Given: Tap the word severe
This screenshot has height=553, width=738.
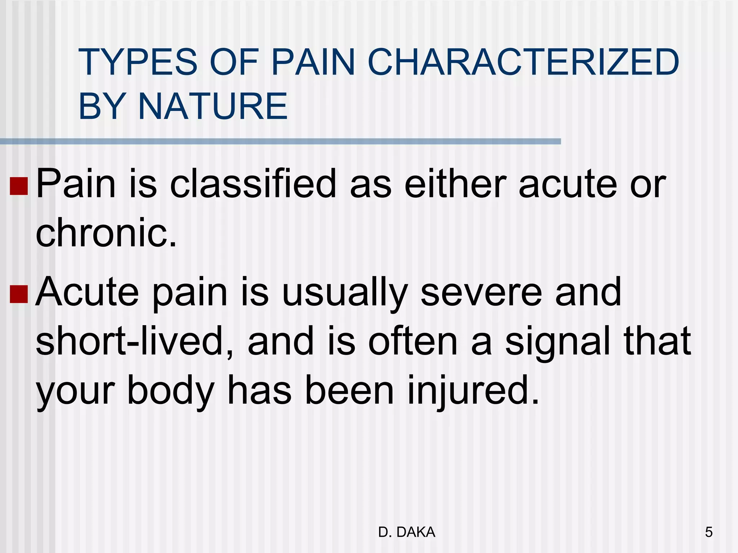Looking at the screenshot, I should click(x=481, y=292).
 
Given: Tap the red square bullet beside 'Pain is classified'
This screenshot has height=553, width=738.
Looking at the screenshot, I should click(x=19, y=186).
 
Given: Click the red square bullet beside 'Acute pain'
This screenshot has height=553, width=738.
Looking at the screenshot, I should click(x=19, y=294).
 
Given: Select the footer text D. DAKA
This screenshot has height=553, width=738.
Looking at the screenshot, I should click(x=407, y=532).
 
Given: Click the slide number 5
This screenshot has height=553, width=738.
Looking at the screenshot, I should click(x=708, y=532).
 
